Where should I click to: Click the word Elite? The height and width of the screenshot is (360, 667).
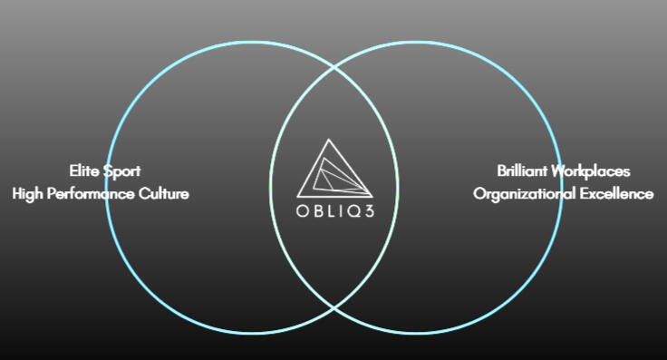[x=83, y=170]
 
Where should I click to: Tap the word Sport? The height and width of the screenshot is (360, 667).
[x=122, y=171]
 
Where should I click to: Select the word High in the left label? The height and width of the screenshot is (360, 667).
[x=28, y=194]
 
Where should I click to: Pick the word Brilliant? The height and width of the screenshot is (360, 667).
[x=522, y=170]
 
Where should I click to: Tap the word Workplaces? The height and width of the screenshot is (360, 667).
[x=591, y=171]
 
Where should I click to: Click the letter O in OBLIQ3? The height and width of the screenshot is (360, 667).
[x=302, y=211]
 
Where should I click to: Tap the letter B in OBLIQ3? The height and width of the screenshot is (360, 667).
[x=318, y=211]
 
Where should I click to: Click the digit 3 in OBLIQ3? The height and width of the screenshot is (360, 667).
[x=369, y=211]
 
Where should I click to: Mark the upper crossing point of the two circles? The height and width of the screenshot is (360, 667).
[x=333, y=68]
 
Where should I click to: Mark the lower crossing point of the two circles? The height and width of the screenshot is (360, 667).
[x=333, y=306]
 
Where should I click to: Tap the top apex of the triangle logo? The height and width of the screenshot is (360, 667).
[x=328, y=139]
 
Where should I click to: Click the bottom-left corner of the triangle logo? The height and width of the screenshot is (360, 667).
[x=297, y=197]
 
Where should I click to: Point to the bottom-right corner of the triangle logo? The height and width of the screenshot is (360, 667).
[x=372, y=197]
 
